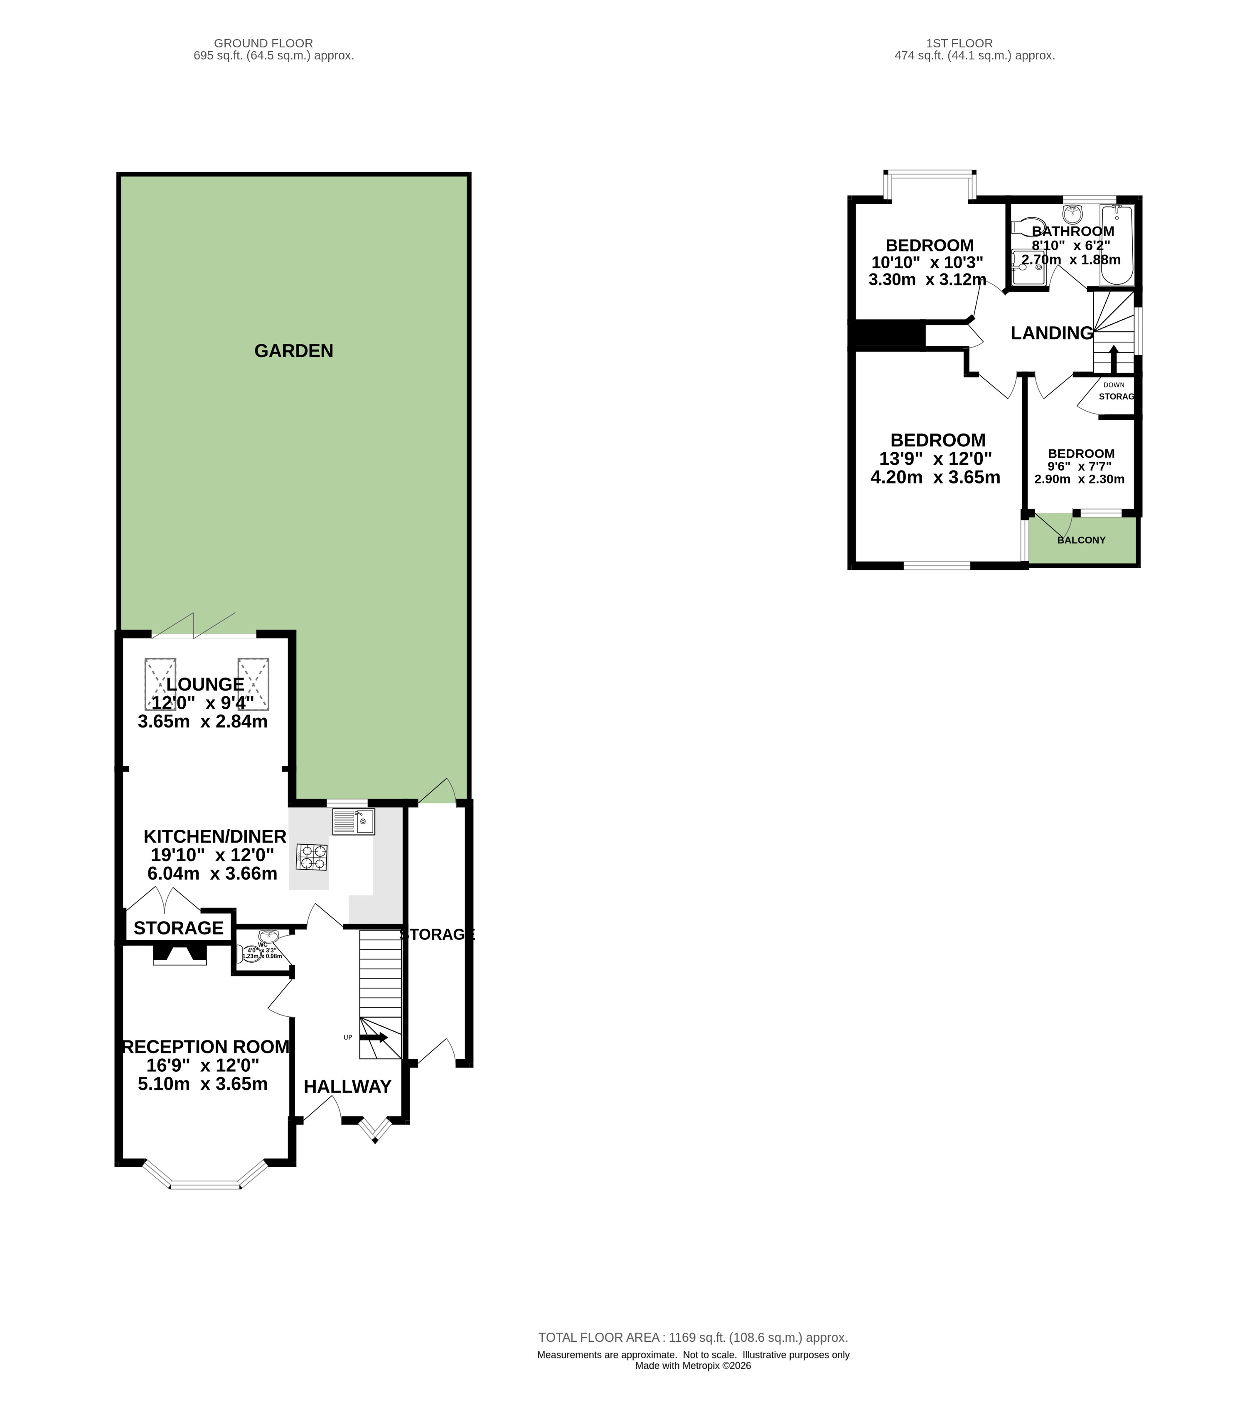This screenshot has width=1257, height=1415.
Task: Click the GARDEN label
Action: click(293, 351)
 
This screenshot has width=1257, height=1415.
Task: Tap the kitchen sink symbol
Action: click(353, 822)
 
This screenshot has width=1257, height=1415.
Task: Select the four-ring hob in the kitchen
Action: click(312, 857)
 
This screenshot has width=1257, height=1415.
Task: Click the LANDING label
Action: click(1051, 333)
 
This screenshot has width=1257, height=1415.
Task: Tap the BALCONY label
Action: click(1081, 540)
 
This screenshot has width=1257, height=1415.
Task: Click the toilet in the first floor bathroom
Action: click(1022, 227)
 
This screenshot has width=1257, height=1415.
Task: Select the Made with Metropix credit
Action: click(693, 1366)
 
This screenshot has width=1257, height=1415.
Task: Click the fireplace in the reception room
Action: click(179, 955)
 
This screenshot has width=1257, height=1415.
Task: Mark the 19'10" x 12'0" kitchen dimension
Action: click(212, 855)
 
